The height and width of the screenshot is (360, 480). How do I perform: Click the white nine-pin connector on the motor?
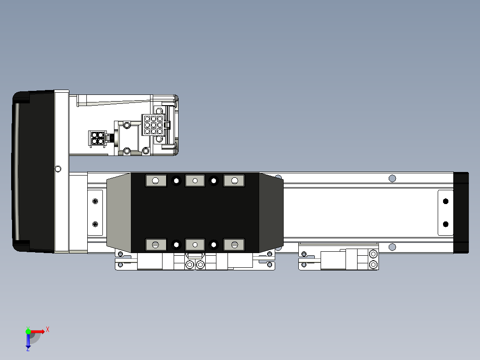[x=153, y=125]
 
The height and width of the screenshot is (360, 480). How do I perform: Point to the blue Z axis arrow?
[x=28, y=340]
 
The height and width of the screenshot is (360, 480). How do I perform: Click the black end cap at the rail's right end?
[x=461, y=213]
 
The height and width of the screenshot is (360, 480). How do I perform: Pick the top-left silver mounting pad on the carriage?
[x=156, y=180]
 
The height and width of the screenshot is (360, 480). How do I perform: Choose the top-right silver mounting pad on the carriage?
[x=234, y=180]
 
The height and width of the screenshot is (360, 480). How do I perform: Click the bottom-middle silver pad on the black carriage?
[x=195, y=245]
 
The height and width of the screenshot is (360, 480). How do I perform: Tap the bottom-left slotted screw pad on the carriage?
[x=156, y=245]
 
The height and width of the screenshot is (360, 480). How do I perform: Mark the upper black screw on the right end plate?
[x=445, y=201]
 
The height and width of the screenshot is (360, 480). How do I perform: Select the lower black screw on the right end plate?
[x=445, y=224]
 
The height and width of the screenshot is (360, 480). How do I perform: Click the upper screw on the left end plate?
[x=95, y=201]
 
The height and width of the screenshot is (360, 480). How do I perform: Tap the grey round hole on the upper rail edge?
[x=392, y=178]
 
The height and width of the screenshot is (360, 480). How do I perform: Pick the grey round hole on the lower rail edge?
[x=392, y=247]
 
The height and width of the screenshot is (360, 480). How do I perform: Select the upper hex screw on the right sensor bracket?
[x=373, y=254]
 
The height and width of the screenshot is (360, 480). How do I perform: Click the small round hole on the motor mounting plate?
[x=58, y=169]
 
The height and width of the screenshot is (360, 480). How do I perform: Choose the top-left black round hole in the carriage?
[x=176, y=180]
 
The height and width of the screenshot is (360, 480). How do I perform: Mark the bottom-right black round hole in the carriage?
[x=214, y=245]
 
